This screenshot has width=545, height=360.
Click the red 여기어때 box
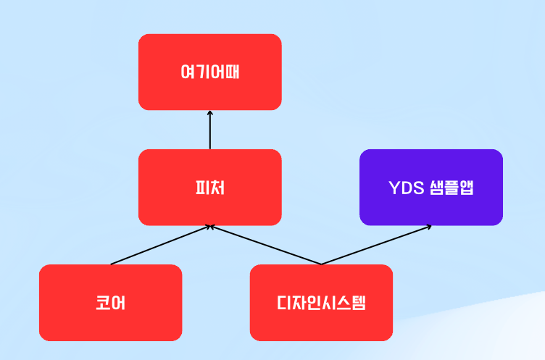pos(210,72)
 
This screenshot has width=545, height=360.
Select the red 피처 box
pos(210,188)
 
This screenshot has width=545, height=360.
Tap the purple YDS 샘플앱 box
pos(431,188)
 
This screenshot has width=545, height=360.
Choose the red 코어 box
pos(111,303)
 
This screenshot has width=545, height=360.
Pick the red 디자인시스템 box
pos(321,303)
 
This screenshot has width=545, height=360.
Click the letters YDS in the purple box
pos(407,188)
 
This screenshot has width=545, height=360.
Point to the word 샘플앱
pos(452,188)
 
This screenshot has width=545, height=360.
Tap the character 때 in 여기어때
pos(232,72)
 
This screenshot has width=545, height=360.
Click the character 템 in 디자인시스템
pos(358,303)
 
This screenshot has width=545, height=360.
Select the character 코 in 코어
pos(103,303)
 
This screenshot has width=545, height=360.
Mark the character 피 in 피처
pos(202,188)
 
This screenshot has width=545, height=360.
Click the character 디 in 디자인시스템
pos(284,303)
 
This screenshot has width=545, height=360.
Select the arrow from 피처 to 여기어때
pos(210,130)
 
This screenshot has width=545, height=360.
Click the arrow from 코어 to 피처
pos(160,245)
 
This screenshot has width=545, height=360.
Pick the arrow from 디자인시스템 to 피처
pos(265,245)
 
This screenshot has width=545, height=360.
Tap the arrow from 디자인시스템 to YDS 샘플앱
pos(376,245)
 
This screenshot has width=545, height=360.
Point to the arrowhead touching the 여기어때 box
pos(210,113)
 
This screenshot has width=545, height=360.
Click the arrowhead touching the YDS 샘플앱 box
pos(428,227)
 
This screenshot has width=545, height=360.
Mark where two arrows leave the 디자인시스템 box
pos(321,264)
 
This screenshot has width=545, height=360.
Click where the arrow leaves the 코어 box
pos(111,264)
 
